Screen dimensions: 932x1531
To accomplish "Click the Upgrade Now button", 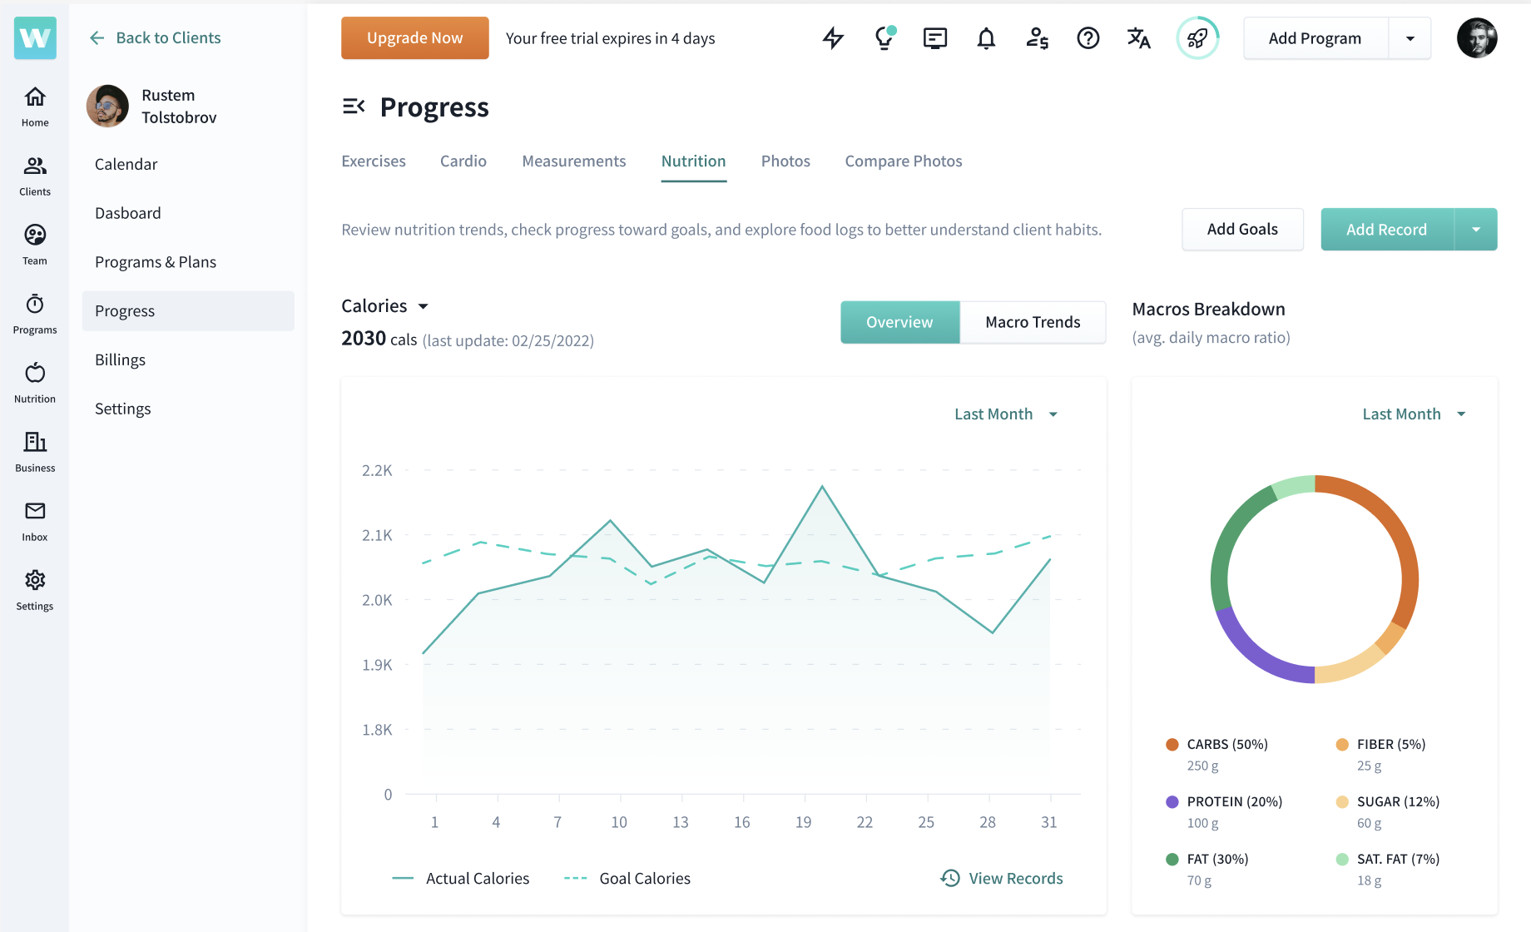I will [x=414, y=38].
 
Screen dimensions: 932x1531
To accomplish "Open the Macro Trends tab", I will [x=1033, y=322].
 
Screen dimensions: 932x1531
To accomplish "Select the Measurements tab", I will [x=573, y=161].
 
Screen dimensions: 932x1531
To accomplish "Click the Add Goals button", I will [x=1242, y=230].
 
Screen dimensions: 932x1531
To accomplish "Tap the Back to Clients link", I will [x=156, y=38].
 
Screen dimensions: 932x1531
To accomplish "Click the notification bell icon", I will [x=986, y=38].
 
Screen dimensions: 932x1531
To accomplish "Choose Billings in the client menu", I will [x=120, y=359].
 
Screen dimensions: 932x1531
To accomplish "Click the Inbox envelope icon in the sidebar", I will [x=35, y=511].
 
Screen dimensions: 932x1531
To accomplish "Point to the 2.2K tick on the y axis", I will [x=377, y=470].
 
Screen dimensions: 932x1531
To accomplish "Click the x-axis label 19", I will [x=803, y=822].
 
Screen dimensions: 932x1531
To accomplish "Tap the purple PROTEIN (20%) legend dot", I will [x=1172, y=802].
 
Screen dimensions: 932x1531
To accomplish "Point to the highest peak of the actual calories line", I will [x=822, y=486].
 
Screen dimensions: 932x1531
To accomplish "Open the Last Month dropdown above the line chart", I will [x=1005, y=414].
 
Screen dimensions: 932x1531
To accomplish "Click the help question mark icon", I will [x=1088, y=38].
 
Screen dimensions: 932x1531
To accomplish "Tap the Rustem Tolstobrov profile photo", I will [x=107, y=106].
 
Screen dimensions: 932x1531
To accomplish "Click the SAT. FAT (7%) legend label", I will [x=1398, y=859].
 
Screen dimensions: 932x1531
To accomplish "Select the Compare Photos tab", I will [x=903, y=161].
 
